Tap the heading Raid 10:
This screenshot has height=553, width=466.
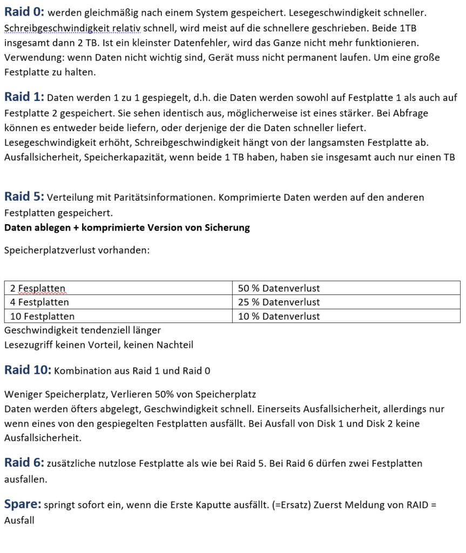click(28, 370)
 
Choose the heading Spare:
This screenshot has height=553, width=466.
click(23, 505)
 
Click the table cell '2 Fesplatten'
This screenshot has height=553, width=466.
click(38, 288)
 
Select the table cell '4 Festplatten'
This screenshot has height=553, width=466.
click(39, 302)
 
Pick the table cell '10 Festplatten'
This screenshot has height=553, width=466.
click(42, 316)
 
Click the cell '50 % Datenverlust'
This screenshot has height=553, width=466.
click(279, 288)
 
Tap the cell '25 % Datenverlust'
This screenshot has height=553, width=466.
click(279, 302)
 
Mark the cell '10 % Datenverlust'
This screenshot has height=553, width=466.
click(279, 316)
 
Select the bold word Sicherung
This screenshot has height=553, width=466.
click(227, 227)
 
